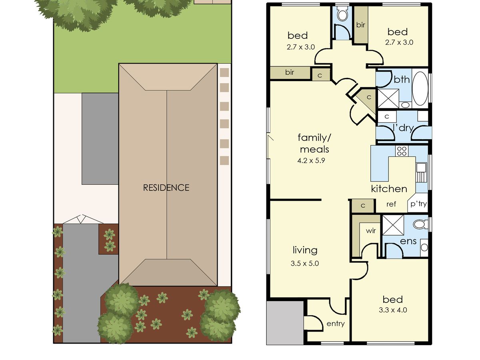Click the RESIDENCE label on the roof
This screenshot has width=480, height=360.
click(166, 188)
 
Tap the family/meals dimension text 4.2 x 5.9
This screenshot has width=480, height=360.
click(311, 161)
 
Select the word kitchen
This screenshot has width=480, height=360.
click(389, 189)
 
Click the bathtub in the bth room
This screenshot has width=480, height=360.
click(420, 88)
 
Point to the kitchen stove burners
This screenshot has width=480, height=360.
click(402, 151)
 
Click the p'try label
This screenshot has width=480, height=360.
click(418, 204)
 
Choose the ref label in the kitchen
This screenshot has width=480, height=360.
click(391, 204)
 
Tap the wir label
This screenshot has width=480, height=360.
click(371, 231)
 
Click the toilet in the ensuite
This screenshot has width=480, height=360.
click(420, 224)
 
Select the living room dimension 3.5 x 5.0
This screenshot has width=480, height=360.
click(305, 263)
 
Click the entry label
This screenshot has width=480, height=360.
click(336, 324)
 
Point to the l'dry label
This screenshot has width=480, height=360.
click(404, 128)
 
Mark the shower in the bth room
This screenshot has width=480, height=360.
click(388, 98)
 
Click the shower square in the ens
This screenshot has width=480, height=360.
click(393, 225)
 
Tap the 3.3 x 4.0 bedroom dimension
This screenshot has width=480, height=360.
click(393, 310)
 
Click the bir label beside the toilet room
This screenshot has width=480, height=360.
click(361, 25)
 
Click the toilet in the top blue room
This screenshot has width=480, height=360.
click(342, 14)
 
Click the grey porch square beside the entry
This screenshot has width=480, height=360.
click(285, 323)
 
